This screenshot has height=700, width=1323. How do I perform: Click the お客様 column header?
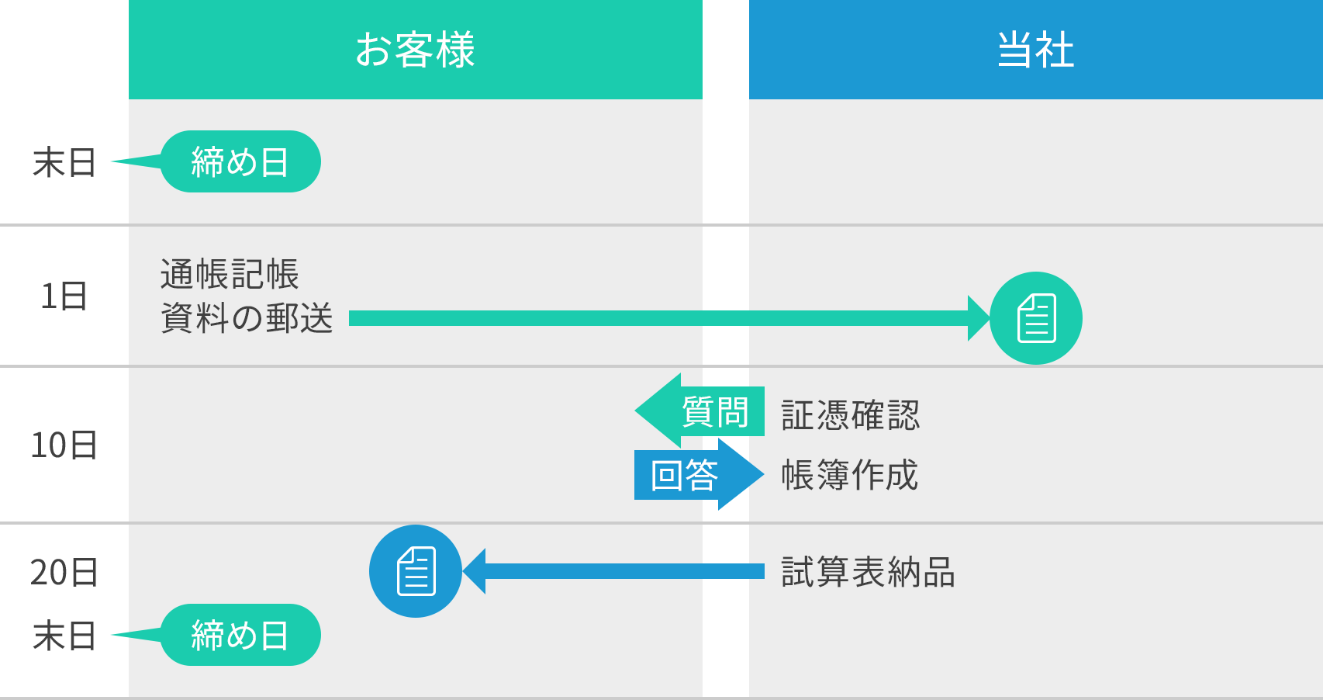click(x=415, y=50)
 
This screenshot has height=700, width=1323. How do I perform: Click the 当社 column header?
click(x=1035, y=50)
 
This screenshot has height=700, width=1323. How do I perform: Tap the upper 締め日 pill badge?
click(x=240, y=161)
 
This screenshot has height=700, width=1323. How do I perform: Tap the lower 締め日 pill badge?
click(x=240, y=635)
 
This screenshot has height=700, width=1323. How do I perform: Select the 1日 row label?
click(x=64, y=296)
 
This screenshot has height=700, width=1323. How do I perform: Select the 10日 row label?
click(x=64, y=445)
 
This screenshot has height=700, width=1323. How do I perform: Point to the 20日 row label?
click(x=64, y=573)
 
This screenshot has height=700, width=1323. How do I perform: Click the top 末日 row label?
click(x=64, y=163)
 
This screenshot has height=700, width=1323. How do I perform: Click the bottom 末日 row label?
click(x=64, y=636)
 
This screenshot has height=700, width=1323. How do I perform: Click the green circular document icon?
click(x=1036, y=318)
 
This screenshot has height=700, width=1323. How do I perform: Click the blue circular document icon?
click(x=416, y=571)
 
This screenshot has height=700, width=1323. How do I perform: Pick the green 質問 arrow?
click(x=698, y=411)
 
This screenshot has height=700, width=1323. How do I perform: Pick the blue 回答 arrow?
click(x=698, y=475)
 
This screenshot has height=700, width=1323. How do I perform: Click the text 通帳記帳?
click(x=230, y=275)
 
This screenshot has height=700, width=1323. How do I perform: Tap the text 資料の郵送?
click(x=247, y=318)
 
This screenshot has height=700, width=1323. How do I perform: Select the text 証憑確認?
click(x=850, y=415)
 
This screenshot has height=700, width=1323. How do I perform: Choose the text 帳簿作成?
click(x=850, y=475)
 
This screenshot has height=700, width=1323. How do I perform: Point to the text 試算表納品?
click(x=868, y=573)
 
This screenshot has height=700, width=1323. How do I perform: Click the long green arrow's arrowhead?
click(x=979, y=318)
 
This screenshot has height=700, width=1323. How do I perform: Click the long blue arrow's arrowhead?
click(x=475, y=571)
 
